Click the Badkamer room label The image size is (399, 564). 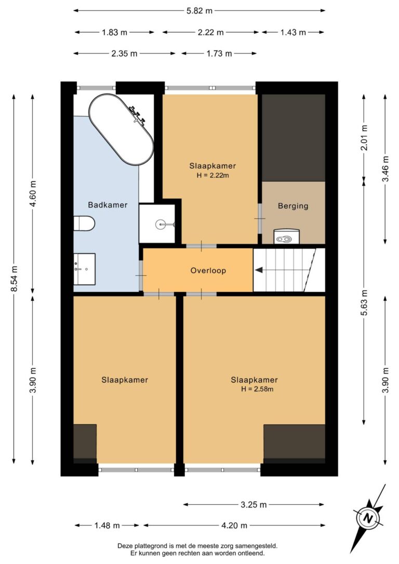[108, 205]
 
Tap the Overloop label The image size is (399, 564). [208, 271]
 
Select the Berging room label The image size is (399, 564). [293, 206]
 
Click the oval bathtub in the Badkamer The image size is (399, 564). [122, 129]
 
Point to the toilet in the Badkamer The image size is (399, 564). [84, 224]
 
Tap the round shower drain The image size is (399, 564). [161, 224]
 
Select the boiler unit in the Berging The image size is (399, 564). [287, 237]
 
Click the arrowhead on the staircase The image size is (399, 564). [259, 270]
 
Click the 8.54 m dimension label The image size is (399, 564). [14, 279]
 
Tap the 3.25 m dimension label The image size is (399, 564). [254, 505]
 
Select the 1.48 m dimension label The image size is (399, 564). [107, 526]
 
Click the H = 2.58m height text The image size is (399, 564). [257, 389]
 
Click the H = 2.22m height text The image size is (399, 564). [213, 176]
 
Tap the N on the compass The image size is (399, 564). [367, 518]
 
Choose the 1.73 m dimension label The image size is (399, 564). [219, 54]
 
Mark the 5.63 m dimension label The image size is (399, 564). [364, 303]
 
